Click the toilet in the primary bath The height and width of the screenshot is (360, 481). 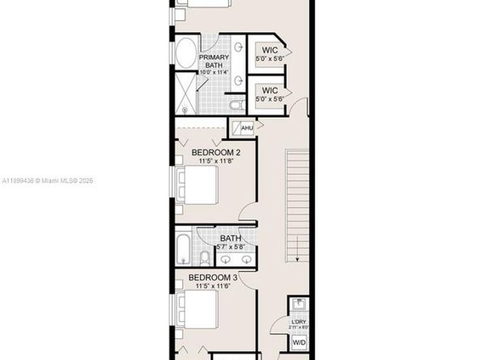tap(234, 104)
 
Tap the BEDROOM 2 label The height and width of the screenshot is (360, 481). tap(215, 151)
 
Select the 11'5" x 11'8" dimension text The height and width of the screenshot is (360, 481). tap(215, 161)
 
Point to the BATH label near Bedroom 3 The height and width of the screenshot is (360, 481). tap(231, 239)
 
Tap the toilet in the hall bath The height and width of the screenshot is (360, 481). tap(206, 257)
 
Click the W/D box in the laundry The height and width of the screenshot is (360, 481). tap(299, 342)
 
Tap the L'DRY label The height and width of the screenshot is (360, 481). tap(299, 323)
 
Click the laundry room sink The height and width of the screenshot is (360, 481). tap(299, 304)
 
